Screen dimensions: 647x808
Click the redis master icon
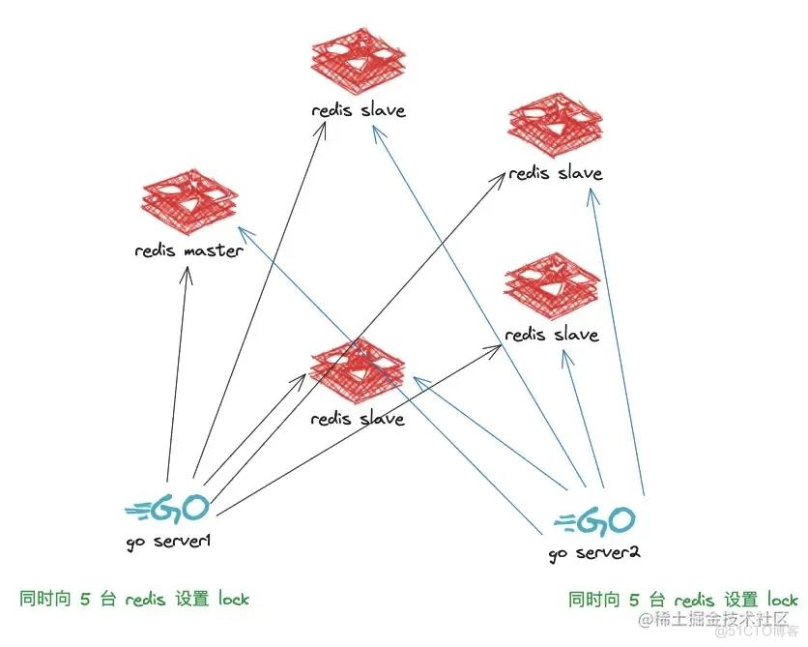[x=192, y=200]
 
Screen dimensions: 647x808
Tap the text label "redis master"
[x=189, y=251]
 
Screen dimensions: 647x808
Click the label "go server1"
[x=168, y=540]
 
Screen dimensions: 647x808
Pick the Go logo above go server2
[x=594, y=521]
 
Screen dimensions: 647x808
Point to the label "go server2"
[x=594, y=553]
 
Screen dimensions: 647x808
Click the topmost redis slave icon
[x=360, y=64]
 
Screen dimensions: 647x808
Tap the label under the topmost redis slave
[x=359, y=110]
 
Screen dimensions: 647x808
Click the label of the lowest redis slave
[x=358, y=419]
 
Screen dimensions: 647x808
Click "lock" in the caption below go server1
[x=233, y=599]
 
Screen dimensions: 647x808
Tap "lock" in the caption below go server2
[x=781, y=600]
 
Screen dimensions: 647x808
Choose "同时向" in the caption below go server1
[x=46, y=599]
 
